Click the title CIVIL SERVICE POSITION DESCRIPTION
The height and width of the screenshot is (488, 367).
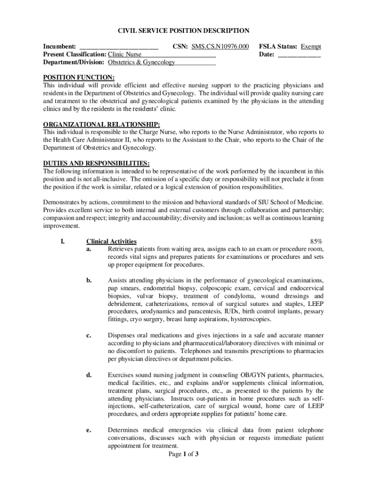coord(183,31)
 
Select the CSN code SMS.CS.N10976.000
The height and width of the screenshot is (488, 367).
coord(220,47)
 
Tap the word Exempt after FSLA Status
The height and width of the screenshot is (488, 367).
coord(311,47)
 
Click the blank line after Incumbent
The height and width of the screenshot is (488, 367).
coord(119,47)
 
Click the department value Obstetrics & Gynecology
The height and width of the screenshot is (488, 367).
coord(142,62)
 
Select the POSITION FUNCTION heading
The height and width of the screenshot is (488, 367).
coord(79,78)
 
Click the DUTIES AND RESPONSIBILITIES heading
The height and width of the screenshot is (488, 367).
coord(96,163)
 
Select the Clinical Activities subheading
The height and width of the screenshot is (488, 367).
coord(111,242)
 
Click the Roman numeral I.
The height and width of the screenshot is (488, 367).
coord(62,242)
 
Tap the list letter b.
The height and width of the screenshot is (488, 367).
coord(89,281)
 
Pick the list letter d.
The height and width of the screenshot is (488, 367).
coord(89,375)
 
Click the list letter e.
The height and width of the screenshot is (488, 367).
coord(89,430)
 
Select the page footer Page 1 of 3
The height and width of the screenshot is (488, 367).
coord(183,454)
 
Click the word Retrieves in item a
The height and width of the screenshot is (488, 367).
coord(122,249)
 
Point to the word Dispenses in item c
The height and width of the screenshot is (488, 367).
coord(122,335)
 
